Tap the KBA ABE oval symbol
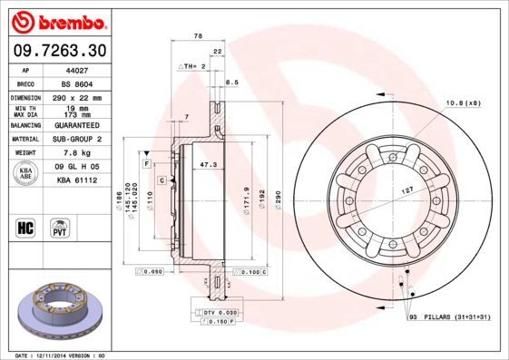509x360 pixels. pos(26,174)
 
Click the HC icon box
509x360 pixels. pos(26,227)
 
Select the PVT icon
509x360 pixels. pos(60,227)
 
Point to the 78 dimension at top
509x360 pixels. pos(197,35)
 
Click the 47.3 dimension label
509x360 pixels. pos(208,164)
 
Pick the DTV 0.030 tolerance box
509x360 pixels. pos(215,311)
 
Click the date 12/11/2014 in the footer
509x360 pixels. pos(56,355)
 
